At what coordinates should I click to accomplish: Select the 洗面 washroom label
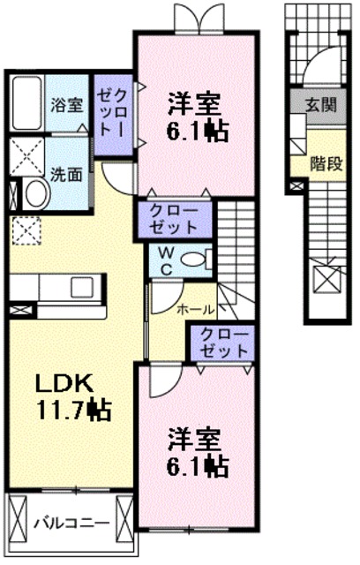click(66, 174)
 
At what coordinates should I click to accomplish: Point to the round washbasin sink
click(36, 193)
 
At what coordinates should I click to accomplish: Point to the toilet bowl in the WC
click(201, 260)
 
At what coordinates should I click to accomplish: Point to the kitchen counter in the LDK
click(57, 288)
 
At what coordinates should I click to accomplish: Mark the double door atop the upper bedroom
click(197, 19)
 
